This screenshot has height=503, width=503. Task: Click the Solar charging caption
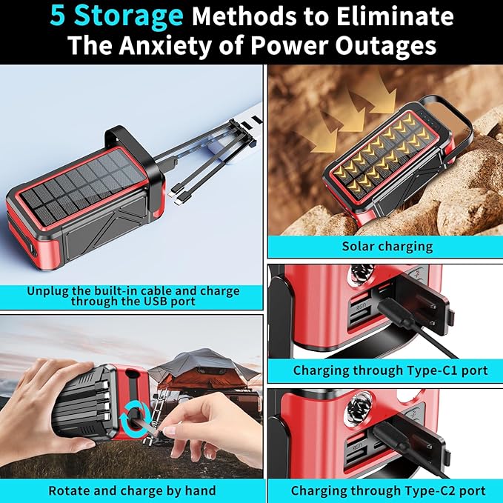[x=387, y=247]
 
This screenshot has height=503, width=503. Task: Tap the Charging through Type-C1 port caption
[x=390, y=370]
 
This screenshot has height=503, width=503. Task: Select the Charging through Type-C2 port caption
[x=388, y=490]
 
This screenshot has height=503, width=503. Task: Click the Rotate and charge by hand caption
[x=132, y=490]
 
